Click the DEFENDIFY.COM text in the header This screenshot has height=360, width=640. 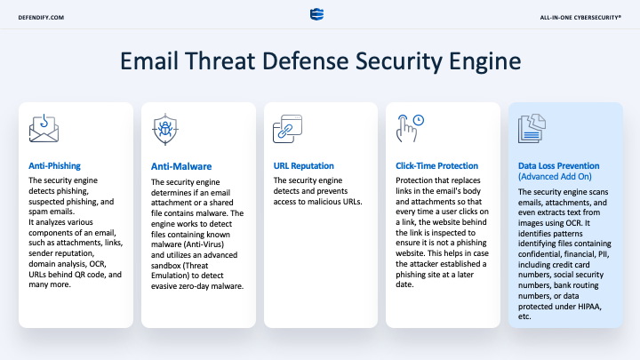pos(41,18)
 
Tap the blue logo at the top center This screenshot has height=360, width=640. pos(316,14)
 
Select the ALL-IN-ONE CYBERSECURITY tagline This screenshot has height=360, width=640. pos(580,18)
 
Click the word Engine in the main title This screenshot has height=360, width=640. pos(485,61)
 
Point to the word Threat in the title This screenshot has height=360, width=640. pos(220,60)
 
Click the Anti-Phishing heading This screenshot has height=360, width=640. pos(55,165)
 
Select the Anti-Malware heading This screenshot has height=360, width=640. pos(181,166)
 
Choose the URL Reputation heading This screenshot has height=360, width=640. pos(304,165)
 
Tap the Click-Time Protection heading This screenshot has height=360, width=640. pos(436,165)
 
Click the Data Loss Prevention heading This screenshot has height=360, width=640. pos(559,165)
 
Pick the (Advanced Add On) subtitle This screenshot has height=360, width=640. pos(555,176)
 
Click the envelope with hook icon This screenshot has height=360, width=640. pos(44,129)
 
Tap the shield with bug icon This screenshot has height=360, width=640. pos(165,130)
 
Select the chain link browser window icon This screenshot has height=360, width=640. pos(287,129)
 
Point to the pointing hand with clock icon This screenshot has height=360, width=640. pos(410,128)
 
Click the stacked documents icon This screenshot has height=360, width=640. pos(532,129)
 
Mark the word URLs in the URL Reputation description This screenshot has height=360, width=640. pos(352,202)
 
